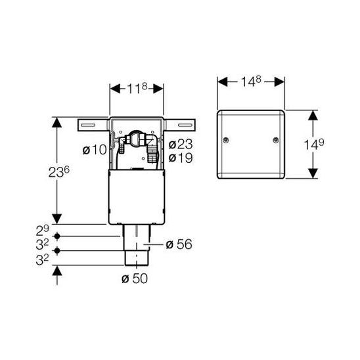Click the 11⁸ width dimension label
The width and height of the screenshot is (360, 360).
pos(137,89)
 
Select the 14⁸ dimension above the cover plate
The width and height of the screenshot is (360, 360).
pos(251,81)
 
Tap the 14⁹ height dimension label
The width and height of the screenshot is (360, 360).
pos(314,145)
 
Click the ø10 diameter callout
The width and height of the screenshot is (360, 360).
pos(95,150)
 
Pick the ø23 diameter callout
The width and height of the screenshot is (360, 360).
pos(181,145)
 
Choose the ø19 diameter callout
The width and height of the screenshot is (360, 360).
pos(181,158)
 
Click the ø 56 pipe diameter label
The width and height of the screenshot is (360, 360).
pos(179,244)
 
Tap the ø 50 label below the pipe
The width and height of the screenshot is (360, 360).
pos(135,279)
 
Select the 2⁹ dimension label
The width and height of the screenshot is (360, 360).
pos(43,231)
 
